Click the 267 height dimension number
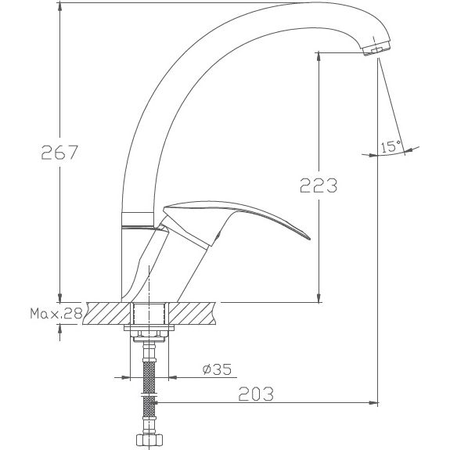pos(59,152)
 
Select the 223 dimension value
pos(318,185)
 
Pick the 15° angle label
pos(390,146)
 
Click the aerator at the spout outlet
pos(375,51)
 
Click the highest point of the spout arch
pos(297,7)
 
